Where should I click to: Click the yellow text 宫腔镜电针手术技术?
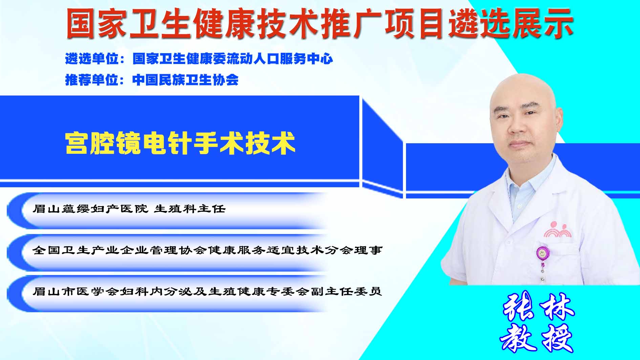[x=180, y=143]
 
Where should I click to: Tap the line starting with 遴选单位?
[x=199, y=59]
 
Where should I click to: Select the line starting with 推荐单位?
[x=152, y=80]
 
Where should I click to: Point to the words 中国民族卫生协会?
[x=186, y=80]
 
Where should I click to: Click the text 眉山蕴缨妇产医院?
[x=90, y=209]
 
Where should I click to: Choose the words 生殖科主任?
[x=190, y=209]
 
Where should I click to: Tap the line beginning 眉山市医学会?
[x=207, y=291]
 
